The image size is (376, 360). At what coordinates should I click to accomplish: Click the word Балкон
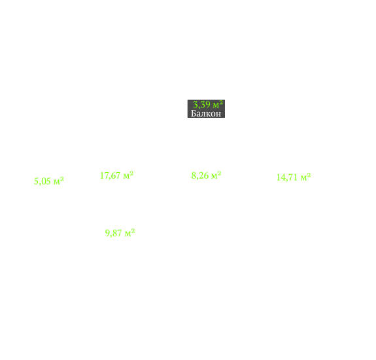(206, 113)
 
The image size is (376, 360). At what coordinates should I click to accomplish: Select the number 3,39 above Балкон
(201, 105)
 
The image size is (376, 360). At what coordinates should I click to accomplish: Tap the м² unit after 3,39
(218, 105)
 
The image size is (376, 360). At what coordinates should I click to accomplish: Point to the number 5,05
(43, 181)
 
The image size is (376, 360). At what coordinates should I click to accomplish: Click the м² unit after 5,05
(58, 181)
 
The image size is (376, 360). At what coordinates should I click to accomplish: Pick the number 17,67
(110, 175)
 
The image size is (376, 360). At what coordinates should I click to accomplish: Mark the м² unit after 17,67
(128, 175)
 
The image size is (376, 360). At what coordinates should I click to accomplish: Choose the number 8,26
(200, 175)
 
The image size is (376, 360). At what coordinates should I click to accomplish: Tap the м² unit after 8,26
(216, 175)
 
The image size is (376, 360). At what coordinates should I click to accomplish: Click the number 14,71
(287, 177)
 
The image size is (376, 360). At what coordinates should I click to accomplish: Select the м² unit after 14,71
(306, 177)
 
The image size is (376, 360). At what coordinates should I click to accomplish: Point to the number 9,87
(113, 233)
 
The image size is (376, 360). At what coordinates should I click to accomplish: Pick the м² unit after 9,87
(129, 233)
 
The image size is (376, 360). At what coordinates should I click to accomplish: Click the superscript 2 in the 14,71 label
(309, 175)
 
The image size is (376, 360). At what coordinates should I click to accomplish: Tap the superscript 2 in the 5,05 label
(61, 179)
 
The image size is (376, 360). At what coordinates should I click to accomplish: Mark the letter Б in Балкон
(194, 113)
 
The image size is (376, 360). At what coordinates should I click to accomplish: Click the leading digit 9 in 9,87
(107, 233)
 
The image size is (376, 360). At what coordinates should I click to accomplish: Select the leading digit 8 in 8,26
(194, 175)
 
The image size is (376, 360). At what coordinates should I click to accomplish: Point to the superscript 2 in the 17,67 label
(131, 173)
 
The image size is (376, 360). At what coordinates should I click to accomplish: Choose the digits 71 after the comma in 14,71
(294, 177)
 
